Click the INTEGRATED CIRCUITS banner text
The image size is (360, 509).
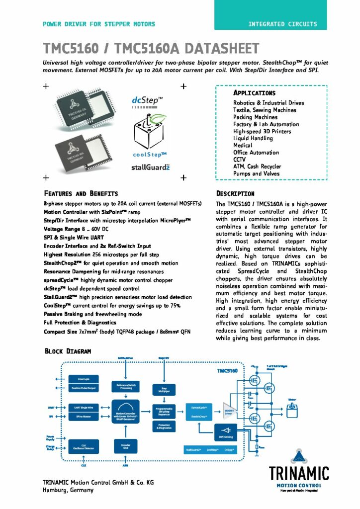282,24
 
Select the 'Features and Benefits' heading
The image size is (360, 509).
81,193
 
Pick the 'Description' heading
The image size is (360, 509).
235,193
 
